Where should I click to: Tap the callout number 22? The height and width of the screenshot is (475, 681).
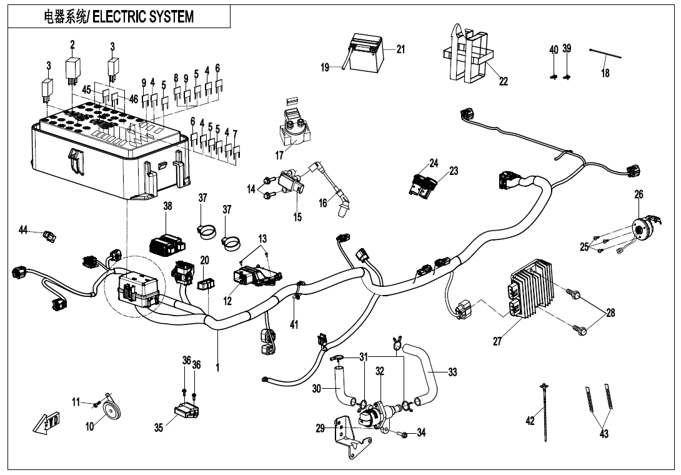(x=503, y=81)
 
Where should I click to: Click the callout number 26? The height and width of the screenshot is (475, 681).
(x=639, y=195)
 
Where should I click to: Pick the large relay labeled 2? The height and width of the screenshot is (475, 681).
(x=74, y=67)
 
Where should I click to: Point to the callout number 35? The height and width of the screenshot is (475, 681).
(x=159, y=428)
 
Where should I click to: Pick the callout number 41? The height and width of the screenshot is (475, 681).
(x=294, y=325)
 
